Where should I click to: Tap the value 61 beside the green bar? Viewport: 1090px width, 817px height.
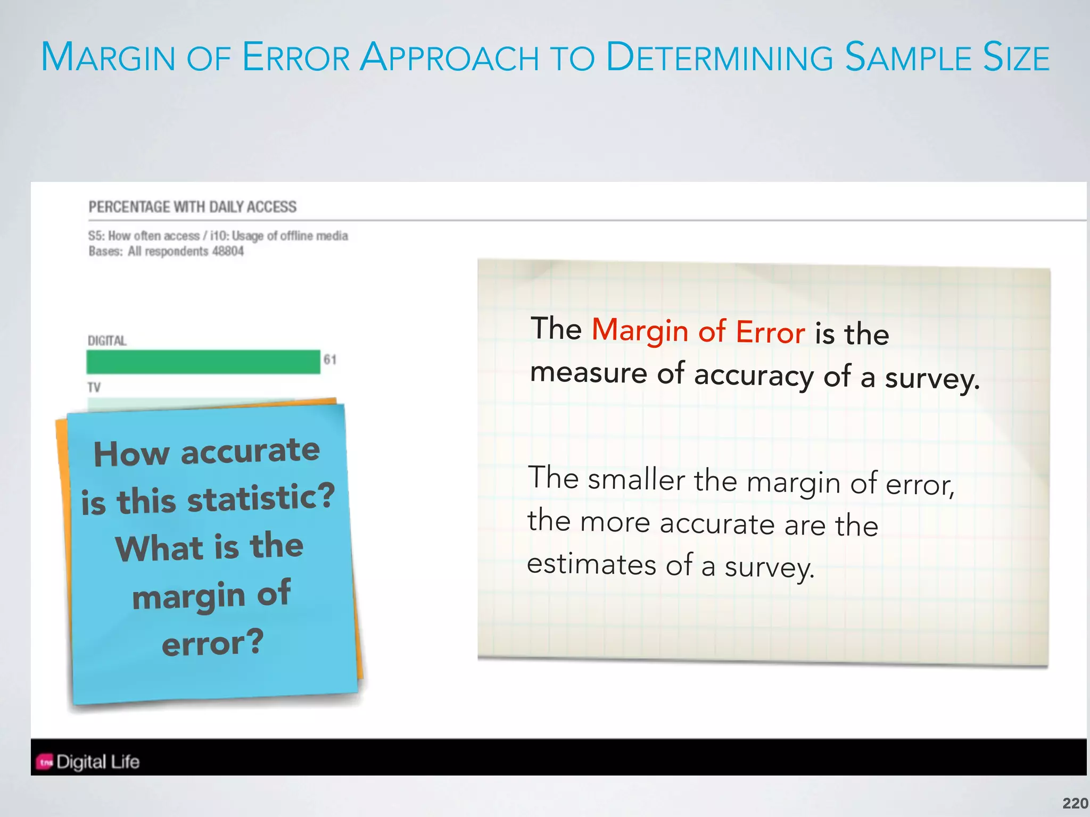click(x=330, y=360)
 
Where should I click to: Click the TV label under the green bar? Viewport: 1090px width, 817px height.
click(x=94, y=387)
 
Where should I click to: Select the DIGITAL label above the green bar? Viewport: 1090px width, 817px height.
click(x=107, y=340)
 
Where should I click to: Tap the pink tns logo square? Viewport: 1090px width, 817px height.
click(x=45, y=762)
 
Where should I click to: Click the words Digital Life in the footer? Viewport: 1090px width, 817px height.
click(x=98, y=762)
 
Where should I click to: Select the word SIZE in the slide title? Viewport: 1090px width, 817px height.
click(x=1016, y=57)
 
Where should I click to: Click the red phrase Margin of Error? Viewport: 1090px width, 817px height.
click(x=698, y=331)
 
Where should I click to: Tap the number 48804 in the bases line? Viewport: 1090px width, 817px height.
click(x=228, y=251)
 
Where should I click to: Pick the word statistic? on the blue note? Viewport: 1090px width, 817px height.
click(x=261, y=498)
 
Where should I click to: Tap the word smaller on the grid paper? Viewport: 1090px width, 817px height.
click(x=636, y=479)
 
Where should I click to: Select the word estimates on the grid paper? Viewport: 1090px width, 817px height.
click(x=591, y=564)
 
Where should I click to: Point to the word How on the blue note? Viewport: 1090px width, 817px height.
click(x=131, y=454)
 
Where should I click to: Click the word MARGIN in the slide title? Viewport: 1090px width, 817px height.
click(x=109, y=57)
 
